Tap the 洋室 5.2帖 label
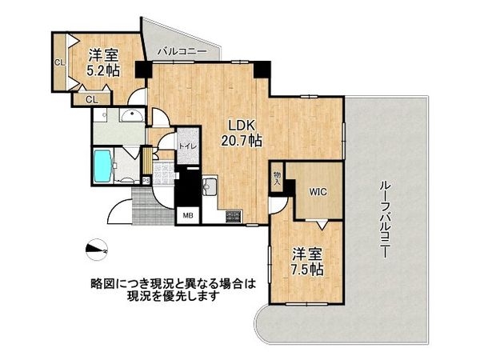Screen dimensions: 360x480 pyautogui.click(x=103, y=63)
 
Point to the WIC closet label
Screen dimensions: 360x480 pyautogui.click(x=313, y=191)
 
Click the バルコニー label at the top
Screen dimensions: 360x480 pyautogui.click(x=183, y=52)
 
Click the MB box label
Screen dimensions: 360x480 pyautogui.click(x=188, y=215)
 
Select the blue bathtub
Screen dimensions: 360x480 pyautogui.click(x=103, y=166)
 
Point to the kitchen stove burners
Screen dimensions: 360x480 pyautogui.click(x=234, y=215)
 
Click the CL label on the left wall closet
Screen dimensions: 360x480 pyautogui.click(x=59, y=62)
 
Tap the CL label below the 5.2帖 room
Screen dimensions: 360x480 pyautogui.click(x=92, y=99)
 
